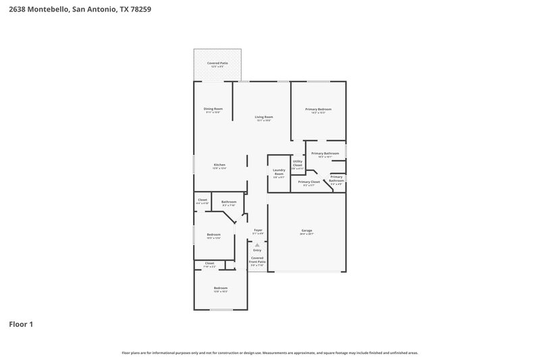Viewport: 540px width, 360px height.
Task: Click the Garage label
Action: [x=306, y=232]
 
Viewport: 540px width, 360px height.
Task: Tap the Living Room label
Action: [x=263, y=118]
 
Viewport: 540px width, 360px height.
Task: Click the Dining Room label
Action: [x=213, y=109]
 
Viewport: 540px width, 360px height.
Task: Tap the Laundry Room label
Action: [x=279, y=172]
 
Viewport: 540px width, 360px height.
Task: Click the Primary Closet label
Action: [x=309, y=182]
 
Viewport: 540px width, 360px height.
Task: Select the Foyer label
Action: [x=258, y=231]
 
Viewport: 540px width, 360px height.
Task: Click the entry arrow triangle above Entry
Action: [x=257, y=245]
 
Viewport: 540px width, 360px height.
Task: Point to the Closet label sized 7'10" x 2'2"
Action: [x=209, y=264]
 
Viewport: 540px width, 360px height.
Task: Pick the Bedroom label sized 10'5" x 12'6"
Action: [x=213, y=236]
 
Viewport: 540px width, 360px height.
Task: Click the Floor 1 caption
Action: [x=21, y=324]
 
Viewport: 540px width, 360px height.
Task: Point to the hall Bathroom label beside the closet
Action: [x=229, y=203]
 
